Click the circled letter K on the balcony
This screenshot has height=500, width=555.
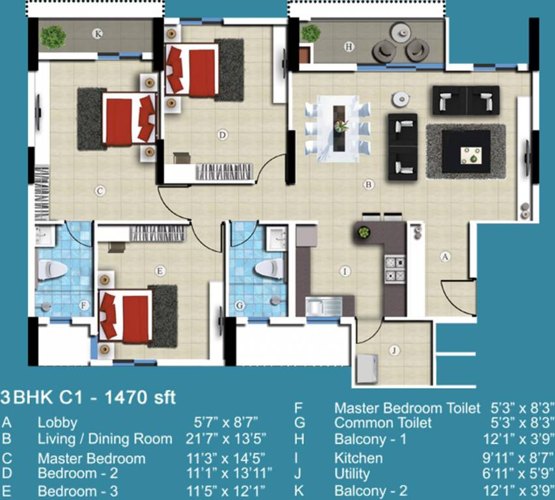(97, 34)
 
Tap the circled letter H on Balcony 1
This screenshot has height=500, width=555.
(349, 47)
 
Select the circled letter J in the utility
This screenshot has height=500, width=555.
(394, 350)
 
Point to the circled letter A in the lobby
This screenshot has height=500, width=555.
(445, 257)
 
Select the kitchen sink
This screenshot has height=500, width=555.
(324, 307)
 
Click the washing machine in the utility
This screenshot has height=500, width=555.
(367, 368)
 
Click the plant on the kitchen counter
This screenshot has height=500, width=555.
(363, 232)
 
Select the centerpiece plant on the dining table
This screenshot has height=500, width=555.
(341, 126)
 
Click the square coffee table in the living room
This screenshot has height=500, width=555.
(466, 152)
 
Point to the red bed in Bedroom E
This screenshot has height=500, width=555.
(126, 316)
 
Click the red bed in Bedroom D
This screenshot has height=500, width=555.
(192, 70)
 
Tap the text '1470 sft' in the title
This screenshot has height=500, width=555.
(140, 398)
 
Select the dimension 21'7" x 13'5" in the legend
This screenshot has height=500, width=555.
(225, 439)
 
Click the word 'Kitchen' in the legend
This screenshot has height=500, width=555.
(358, 458)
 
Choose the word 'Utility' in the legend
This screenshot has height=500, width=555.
(352, 474)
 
